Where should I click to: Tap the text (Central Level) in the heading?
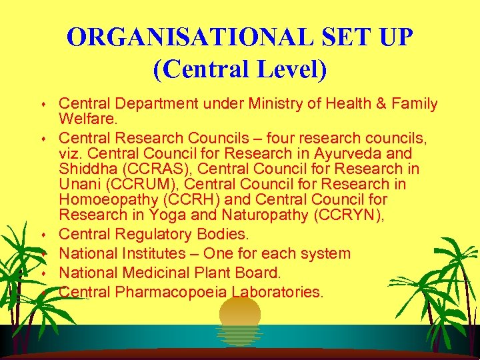point(240,69)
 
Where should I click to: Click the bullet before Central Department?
point(43,105)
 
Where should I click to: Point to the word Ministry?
point(279,103)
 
